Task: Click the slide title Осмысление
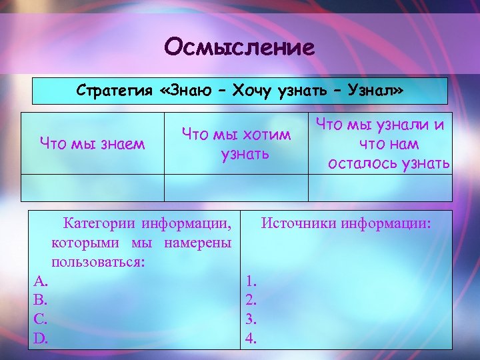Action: pos(239,47)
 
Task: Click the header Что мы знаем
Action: pos(92,143)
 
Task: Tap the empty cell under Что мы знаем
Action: pos(93,187)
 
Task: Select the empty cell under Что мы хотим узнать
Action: pos(236,187)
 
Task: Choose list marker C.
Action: pos(41,319)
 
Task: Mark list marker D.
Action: pos(41,338)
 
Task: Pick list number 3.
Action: pos(251,319)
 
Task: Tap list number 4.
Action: pos(251,338)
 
